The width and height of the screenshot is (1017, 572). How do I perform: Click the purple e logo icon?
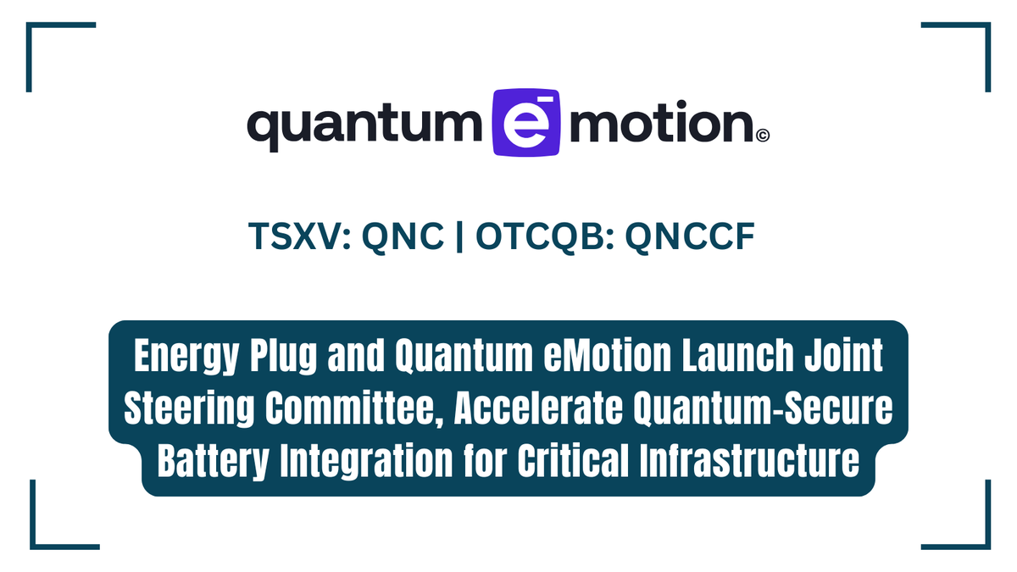pyautogui.click(x=526, y=122)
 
